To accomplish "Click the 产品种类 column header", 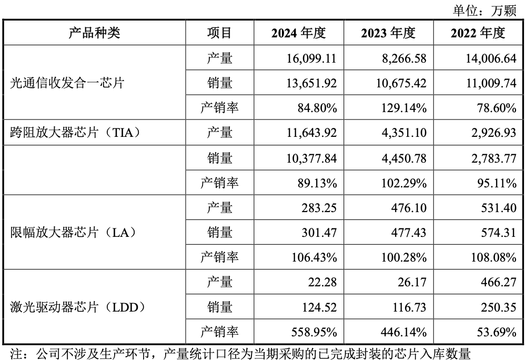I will click(95, 33).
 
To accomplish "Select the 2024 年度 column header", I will click(299, 33).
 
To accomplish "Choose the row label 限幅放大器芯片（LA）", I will click(73, 232).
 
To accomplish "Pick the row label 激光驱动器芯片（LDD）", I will click(77, 307).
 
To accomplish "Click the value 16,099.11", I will click(310, 58).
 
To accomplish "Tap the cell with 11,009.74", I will click(490, 83).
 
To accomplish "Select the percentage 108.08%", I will click(491, 257).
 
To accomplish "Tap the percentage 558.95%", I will click(314, 332).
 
